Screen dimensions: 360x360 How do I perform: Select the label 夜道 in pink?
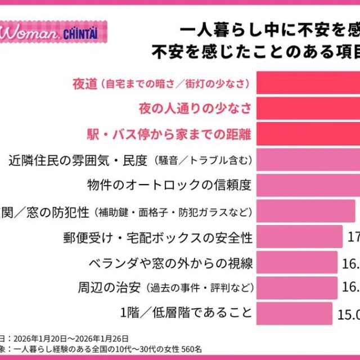click(85, 84)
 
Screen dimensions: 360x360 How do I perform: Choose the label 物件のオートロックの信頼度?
click(169, 184)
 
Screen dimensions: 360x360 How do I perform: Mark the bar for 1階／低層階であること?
click(294, 313)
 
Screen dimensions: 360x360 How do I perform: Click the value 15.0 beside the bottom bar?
click(348, 313)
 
